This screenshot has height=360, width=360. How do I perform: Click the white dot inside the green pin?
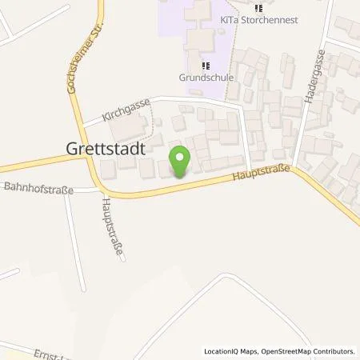pos(181,157)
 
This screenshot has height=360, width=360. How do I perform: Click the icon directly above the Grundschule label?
pos(206,66)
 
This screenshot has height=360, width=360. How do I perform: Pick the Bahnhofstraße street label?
pos(39,190)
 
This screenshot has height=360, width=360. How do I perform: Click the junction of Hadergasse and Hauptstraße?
pos(294,166)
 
